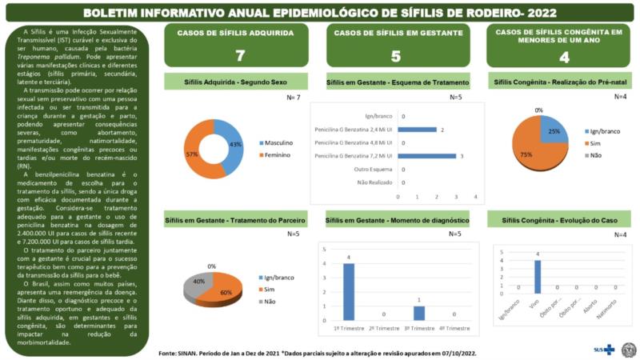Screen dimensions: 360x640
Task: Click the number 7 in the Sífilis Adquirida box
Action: (240, 56)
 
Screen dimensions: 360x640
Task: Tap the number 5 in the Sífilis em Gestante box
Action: (396, 56)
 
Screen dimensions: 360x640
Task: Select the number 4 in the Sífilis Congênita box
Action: (564, 57)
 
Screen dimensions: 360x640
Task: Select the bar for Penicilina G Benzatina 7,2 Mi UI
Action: (427, 155)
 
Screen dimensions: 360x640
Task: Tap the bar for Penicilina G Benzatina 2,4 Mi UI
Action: (417, 129)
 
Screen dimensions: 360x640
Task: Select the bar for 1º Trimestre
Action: (348, 291)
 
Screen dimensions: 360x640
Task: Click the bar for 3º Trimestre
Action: (418, 312)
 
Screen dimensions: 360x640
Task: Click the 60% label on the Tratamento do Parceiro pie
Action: (227, 293)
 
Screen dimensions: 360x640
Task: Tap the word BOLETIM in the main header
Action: (114, 13)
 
